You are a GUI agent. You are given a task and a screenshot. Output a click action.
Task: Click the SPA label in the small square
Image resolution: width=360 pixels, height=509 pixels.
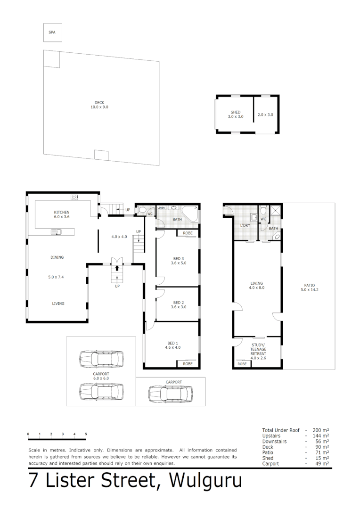52,33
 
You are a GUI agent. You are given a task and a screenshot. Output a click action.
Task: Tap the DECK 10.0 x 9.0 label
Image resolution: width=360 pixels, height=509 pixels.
99,105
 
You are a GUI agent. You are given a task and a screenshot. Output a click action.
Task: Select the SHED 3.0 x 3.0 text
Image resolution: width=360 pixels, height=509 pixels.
236,115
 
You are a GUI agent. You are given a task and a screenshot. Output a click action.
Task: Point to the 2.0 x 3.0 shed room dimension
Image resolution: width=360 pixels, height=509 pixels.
265,115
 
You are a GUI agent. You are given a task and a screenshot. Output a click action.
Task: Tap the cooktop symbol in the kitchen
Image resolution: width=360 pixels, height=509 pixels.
74,197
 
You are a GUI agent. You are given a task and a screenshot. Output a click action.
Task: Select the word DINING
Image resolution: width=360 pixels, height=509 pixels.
57,257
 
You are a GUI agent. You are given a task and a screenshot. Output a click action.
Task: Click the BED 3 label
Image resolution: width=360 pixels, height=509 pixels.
178,259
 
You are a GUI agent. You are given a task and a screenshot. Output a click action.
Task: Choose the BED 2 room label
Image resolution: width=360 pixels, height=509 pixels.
178,303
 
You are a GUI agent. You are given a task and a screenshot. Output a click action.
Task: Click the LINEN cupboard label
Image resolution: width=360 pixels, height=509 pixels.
162,207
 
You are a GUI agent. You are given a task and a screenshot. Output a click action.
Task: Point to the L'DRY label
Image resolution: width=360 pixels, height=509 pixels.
245,225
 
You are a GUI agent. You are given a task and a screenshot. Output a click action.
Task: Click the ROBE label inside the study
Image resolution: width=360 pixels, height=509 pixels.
242,364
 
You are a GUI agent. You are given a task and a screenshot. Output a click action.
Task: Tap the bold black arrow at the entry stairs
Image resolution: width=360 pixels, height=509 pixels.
117,269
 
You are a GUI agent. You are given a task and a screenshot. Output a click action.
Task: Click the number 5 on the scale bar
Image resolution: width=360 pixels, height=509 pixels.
86,434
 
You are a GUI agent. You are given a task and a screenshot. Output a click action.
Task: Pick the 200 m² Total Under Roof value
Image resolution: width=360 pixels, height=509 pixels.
322,430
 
